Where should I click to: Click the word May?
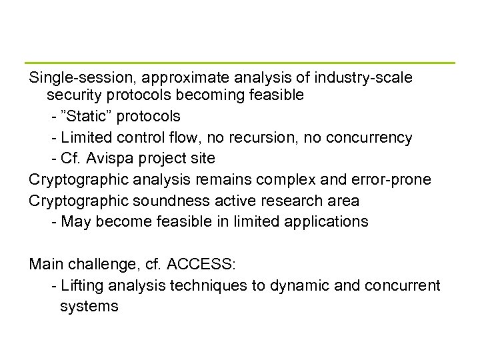pos(75,222)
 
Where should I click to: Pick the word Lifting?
pos(81,286)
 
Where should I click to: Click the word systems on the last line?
pos(89,307)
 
